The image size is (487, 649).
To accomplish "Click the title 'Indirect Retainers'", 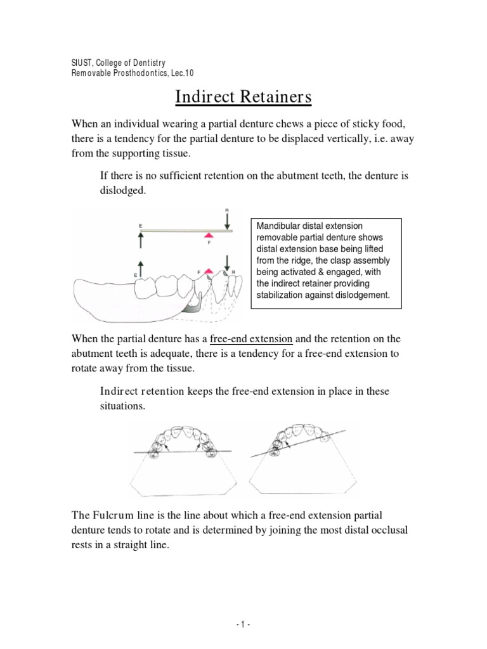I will point(243,98).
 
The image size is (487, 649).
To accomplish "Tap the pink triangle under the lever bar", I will point(209,236).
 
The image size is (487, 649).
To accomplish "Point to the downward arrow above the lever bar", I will point(226,221).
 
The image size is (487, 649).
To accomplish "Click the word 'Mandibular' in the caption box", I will point(280,226).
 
